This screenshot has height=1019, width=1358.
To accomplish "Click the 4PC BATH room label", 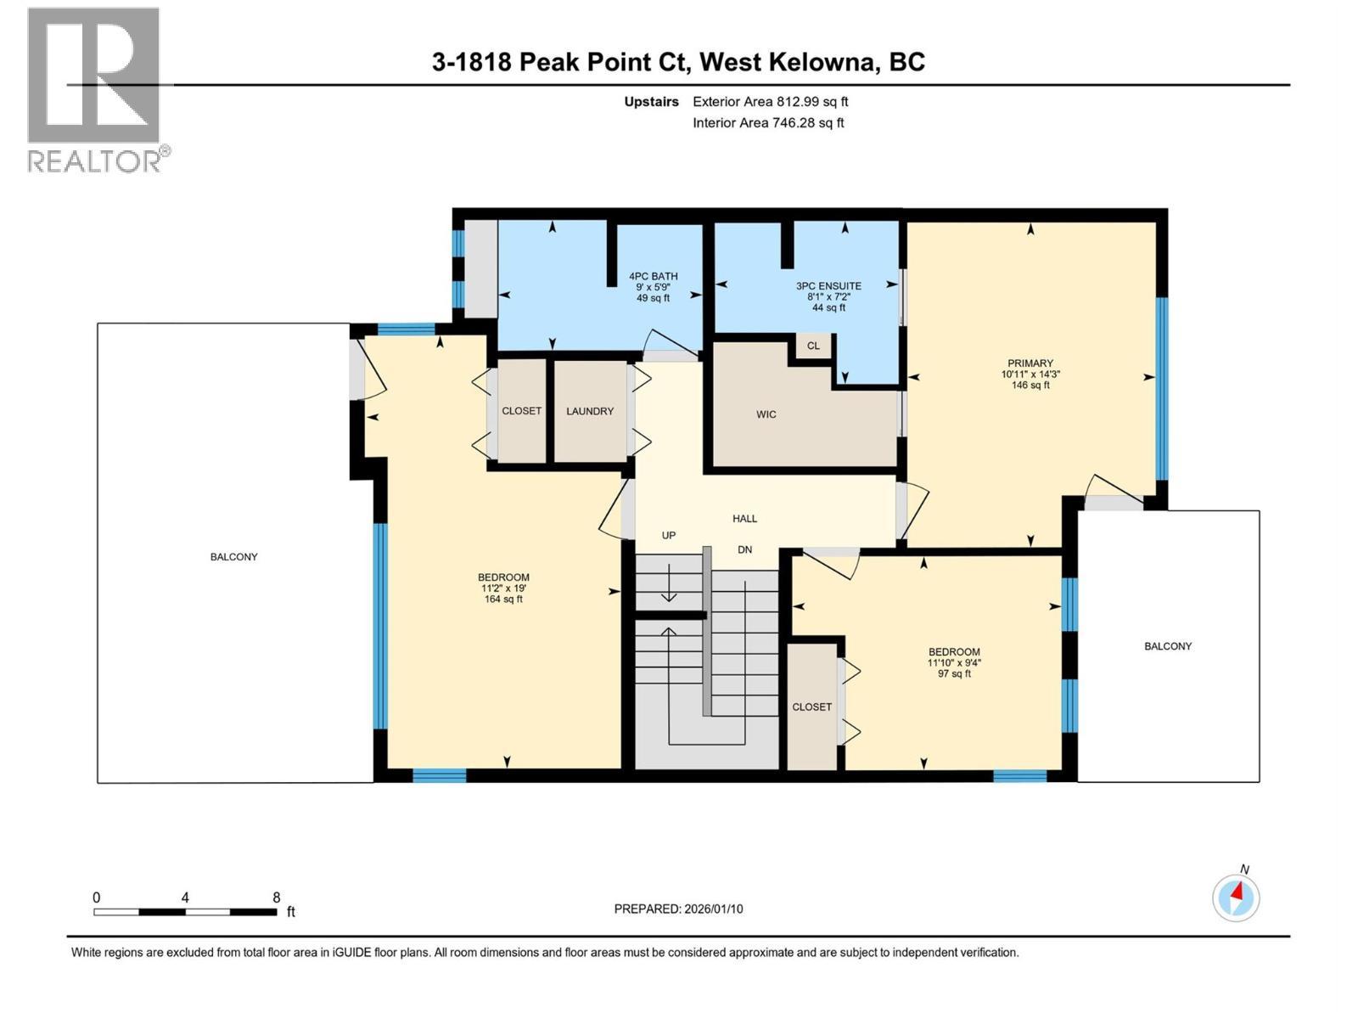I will coord(653,277).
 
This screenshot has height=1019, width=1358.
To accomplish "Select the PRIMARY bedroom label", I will coord(1030,363).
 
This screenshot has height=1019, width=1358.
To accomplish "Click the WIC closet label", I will coord(766,414).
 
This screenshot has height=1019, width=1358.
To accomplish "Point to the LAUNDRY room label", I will coord(590,411).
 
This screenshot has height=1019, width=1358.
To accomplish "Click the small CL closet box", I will coord(813,346).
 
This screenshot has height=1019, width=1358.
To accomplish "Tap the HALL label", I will coord(744,518).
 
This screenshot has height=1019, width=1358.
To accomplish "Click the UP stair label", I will coord(669,536).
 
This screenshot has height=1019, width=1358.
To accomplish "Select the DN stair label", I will coord(744,550).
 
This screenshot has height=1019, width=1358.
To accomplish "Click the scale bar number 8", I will coord(276,898).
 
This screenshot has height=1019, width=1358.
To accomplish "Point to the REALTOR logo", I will coord(95,89).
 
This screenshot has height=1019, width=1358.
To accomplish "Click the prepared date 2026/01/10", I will coord(713,909).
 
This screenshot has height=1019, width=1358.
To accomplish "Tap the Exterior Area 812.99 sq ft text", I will coord(770,102).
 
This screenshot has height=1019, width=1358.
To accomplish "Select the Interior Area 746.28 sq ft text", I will coord(768,123).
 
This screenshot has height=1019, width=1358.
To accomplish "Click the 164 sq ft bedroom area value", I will coord(502,600).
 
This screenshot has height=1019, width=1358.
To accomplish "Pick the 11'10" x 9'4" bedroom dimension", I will coord(954,663).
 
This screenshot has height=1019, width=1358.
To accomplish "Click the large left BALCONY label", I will coord(233,557).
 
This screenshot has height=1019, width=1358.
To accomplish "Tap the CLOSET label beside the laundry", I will coord(521,411).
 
